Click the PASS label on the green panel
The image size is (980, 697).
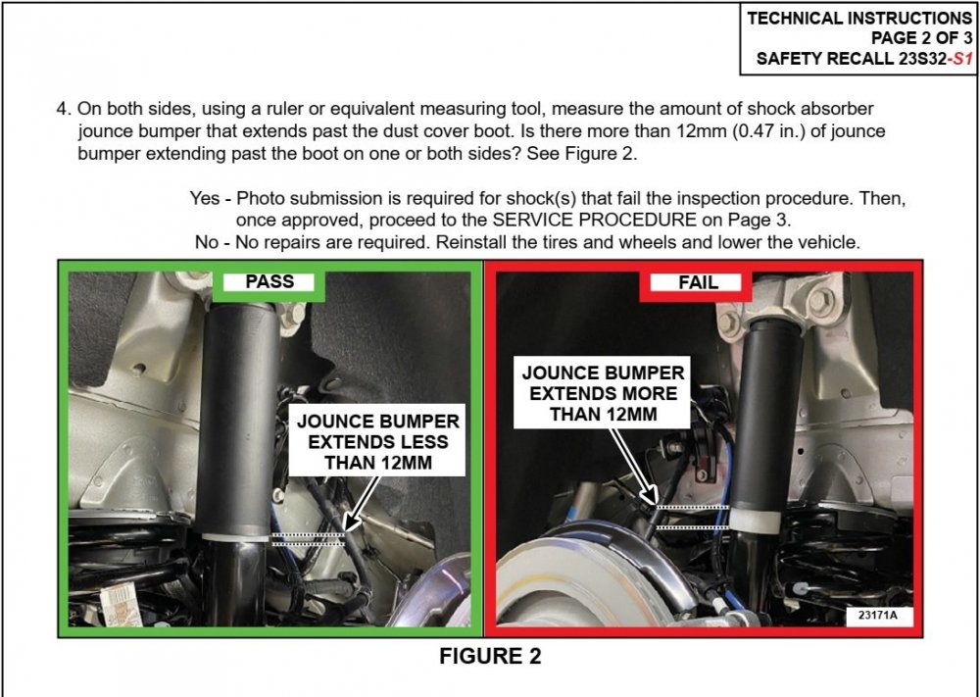pyautogui.click(x=269, y=282)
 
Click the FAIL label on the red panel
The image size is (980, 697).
pyautogui.click(x=698, y=282)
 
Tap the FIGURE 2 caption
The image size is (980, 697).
pyautogui.click(x=490, y=657)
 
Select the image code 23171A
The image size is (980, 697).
pyautogui.click(x=877, y=615)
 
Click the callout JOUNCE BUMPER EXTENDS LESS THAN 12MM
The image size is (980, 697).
pyautogui.click(x=377, y=441)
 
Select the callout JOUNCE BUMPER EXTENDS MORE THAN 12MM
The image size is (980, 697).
pyautogui.click(x=603, y=393)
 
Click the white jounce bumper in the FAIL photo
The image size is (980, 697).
pyautogui.click(x=756, y=520)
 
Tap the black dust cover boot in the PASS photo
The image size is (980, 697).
pyautogui.click(x=238, y=419)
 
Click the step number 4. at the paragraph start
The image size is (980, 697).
pyautogui.click(x=64, y=109)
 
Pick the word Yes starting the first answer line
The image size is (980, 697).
pyautogui.click(x=205, y=199)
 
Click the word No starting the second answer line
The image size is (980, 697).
pyautogui.click(x=206, y=242)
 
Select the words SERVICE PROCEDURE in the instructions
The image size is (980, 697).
pyautogui.click(x=595, y=220)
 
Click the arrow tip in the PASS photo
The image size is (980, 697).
pyautogui.click(x=345, y=530)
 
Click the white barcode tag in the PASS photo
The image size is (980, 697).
pyautogui.click(x=121, y=603)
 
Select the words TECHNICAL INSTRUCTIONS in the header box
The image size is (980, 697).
pyautogui.click(x=859, y=18)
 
